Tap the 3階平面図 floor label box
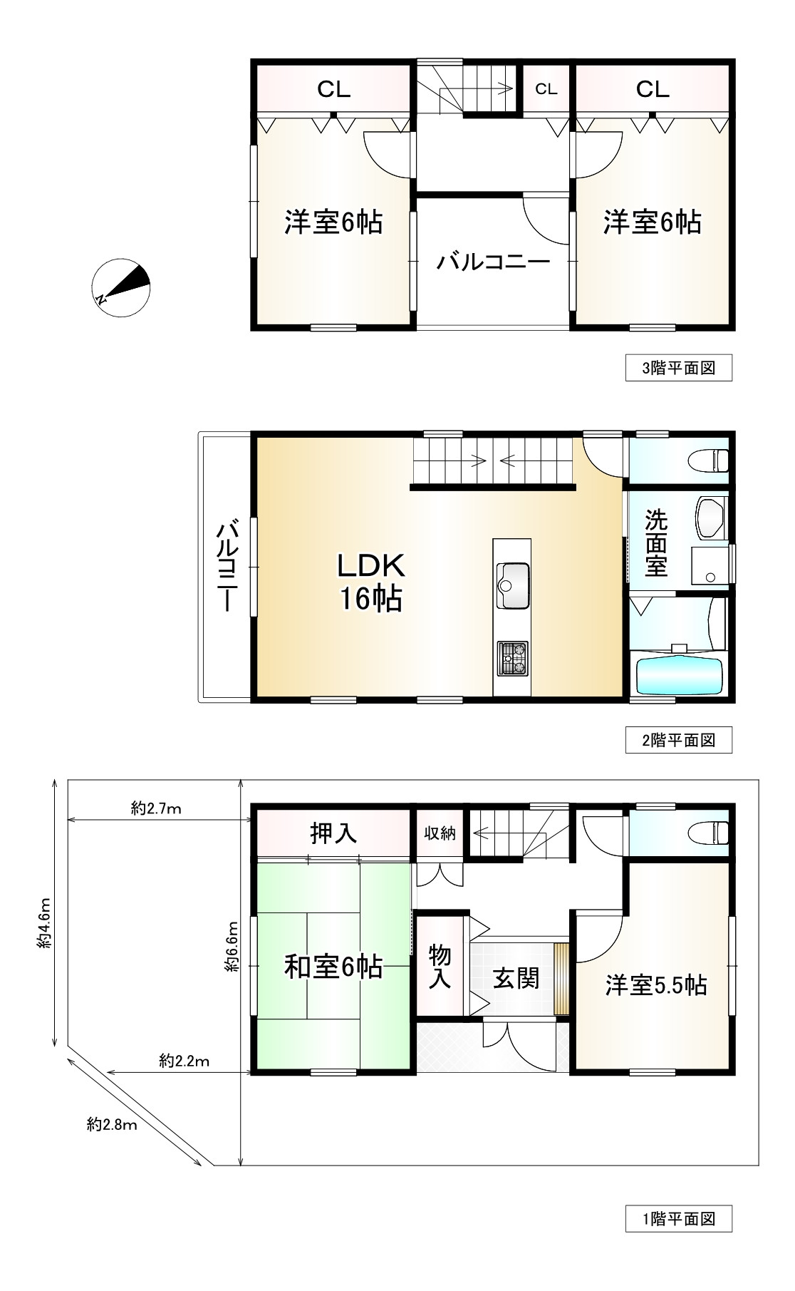click(x=678, y=369)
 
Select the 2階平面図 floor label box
click(x=678, y=740)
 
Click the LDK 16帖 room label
click(x=370, y=582)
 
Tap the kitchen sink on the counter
click(x=512, y=585)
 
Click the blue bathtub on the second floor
click(x=679, y=677)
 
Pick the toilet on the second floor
click(x=709, y=460)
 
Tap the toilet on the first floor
click(x=709, y=832)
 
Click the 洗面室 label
click(x=656, y=542)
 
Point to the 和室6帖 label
click(x=333, y=967)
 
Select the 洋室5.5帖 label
click(x=656, y=986)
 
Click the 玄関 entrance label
click(x=516, y=979)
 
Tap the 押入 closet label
click(x=333, y=833)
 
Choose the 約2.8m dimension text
click(x=112, y=1125)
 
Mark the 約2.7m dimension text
click(x=156, y=808)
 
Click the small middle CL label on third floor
click(x=546, y=89)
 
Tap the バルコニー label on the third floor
click(x=494, y=262)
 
